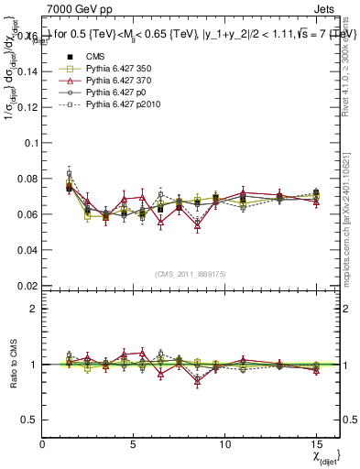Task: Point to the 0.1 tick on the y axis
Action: pyautogui.click(x=29, y=143)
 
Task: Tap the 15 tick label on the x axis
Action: pyautogui.click(x=315, y=444)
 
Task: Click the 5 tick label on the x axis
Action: pyautogui.click(x=134, y=444)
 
